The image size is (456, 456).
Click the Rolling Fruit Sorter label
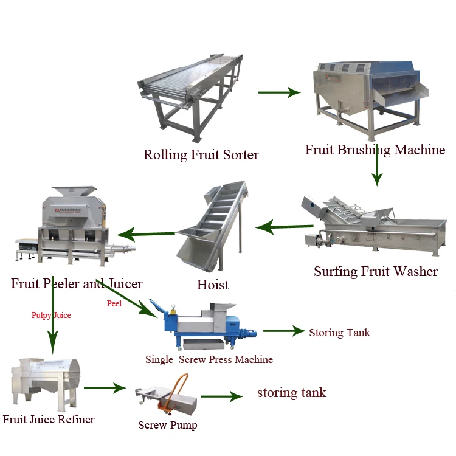pyautogui.click(x=201, y=155)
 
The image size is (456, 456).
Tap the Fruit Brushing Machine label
pyautogui.click(x=375, y=150)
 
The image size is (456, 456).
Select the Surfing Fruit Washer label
pyautogui.click(x=375, y=271)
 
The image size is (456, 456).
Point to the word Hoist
pyautogui.click(x=213, y=285)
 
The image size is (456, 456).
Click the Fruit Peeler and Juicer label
pyautogui.click(x=77, y=283)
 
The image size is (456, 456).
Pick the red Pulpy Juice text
pyautogui.click(x=51, y=315)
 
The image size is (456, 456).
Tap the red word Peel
pyautogui.click(x=114, y=303)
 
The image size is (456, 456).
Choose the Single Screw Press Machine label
pyautogui.click(x=209, y=359)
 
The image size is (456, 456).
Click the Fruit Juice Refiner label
pyautogui.click(x=49, y=419)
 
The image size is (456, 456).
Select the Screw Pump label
pyautogui.click(x=168, y=425)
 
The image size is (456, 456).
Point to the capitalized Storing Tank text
pyautogui.click(x=339, y=333)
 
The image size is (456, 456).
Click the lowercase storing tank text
pyautogui.click(x=292, y=393)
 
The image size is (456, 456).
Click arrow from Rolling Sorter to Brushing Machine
pyautogui.click(x=279, y=92)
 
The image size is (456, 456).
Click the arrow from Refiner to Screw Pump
pyautogui.click(x=105, y=387)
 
